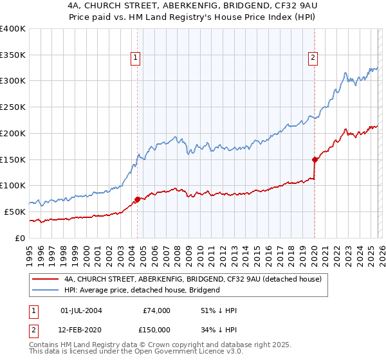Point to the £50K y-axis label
[15, 212]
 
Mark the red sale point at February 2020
[315, 159]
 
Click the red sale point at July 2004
[137, 199]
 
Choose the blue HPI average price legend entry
[142, 290]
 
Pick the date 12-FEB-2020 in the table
[80, 329]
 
